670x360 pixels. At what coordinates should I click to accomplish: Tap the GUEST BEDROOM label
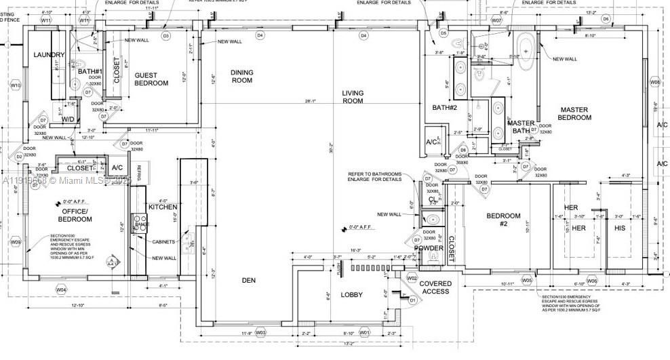tap(151, 79)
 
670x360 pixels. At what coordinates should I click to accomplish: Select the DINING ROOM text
tap(241, 76)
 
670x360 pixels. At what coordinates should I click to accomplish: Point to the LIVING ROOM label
tap(352, 97)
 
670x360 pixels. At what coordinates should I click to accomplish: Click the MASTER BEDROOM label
tap(574, 113)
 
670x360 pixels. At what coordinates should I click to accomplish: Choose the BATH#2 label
tap(446, 107)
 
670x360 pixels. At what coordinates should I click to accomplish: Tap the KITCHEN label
tap(163, 207)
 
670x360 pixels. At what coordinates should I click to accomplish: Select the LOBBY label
tap(351, 295)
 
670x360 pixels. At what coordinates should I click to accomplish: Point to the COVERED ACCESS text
tap(435, 287)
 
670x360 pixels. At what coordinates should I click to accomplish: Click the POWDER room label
tap(429, 248)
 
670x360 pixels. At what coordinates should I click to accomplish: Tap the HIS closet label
tap(619, 228)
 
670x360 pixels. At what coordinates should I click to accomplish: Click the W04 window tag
tap(62, 290)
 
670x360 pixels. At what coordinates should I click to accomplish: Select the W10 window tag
tap(16, 85)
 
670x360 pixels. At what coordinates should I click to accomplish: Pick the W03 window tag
tap(260, 332)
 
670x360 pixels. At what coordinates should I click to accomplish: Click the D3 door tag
tap(165, 35)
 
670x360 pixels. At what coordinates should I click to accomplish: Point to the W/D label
tap(68, 120)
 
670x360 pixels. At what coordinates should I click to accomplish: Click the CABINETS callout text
tap(163, 242)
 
